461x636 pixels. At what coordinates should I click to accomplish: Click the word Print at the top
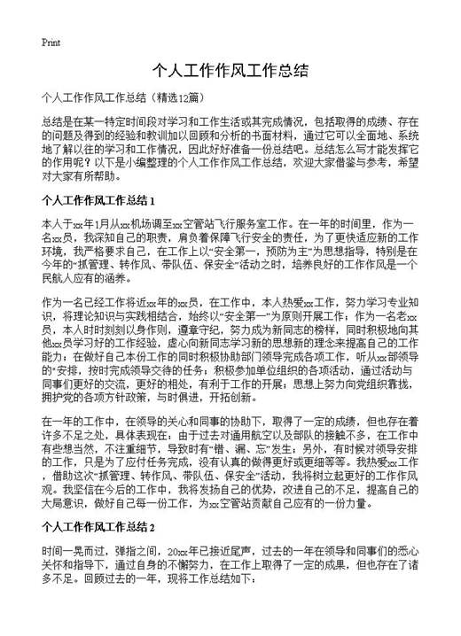coord(51,42)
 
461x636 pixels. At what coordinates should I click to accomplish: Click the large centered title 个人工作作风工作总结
coord(230,71)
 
